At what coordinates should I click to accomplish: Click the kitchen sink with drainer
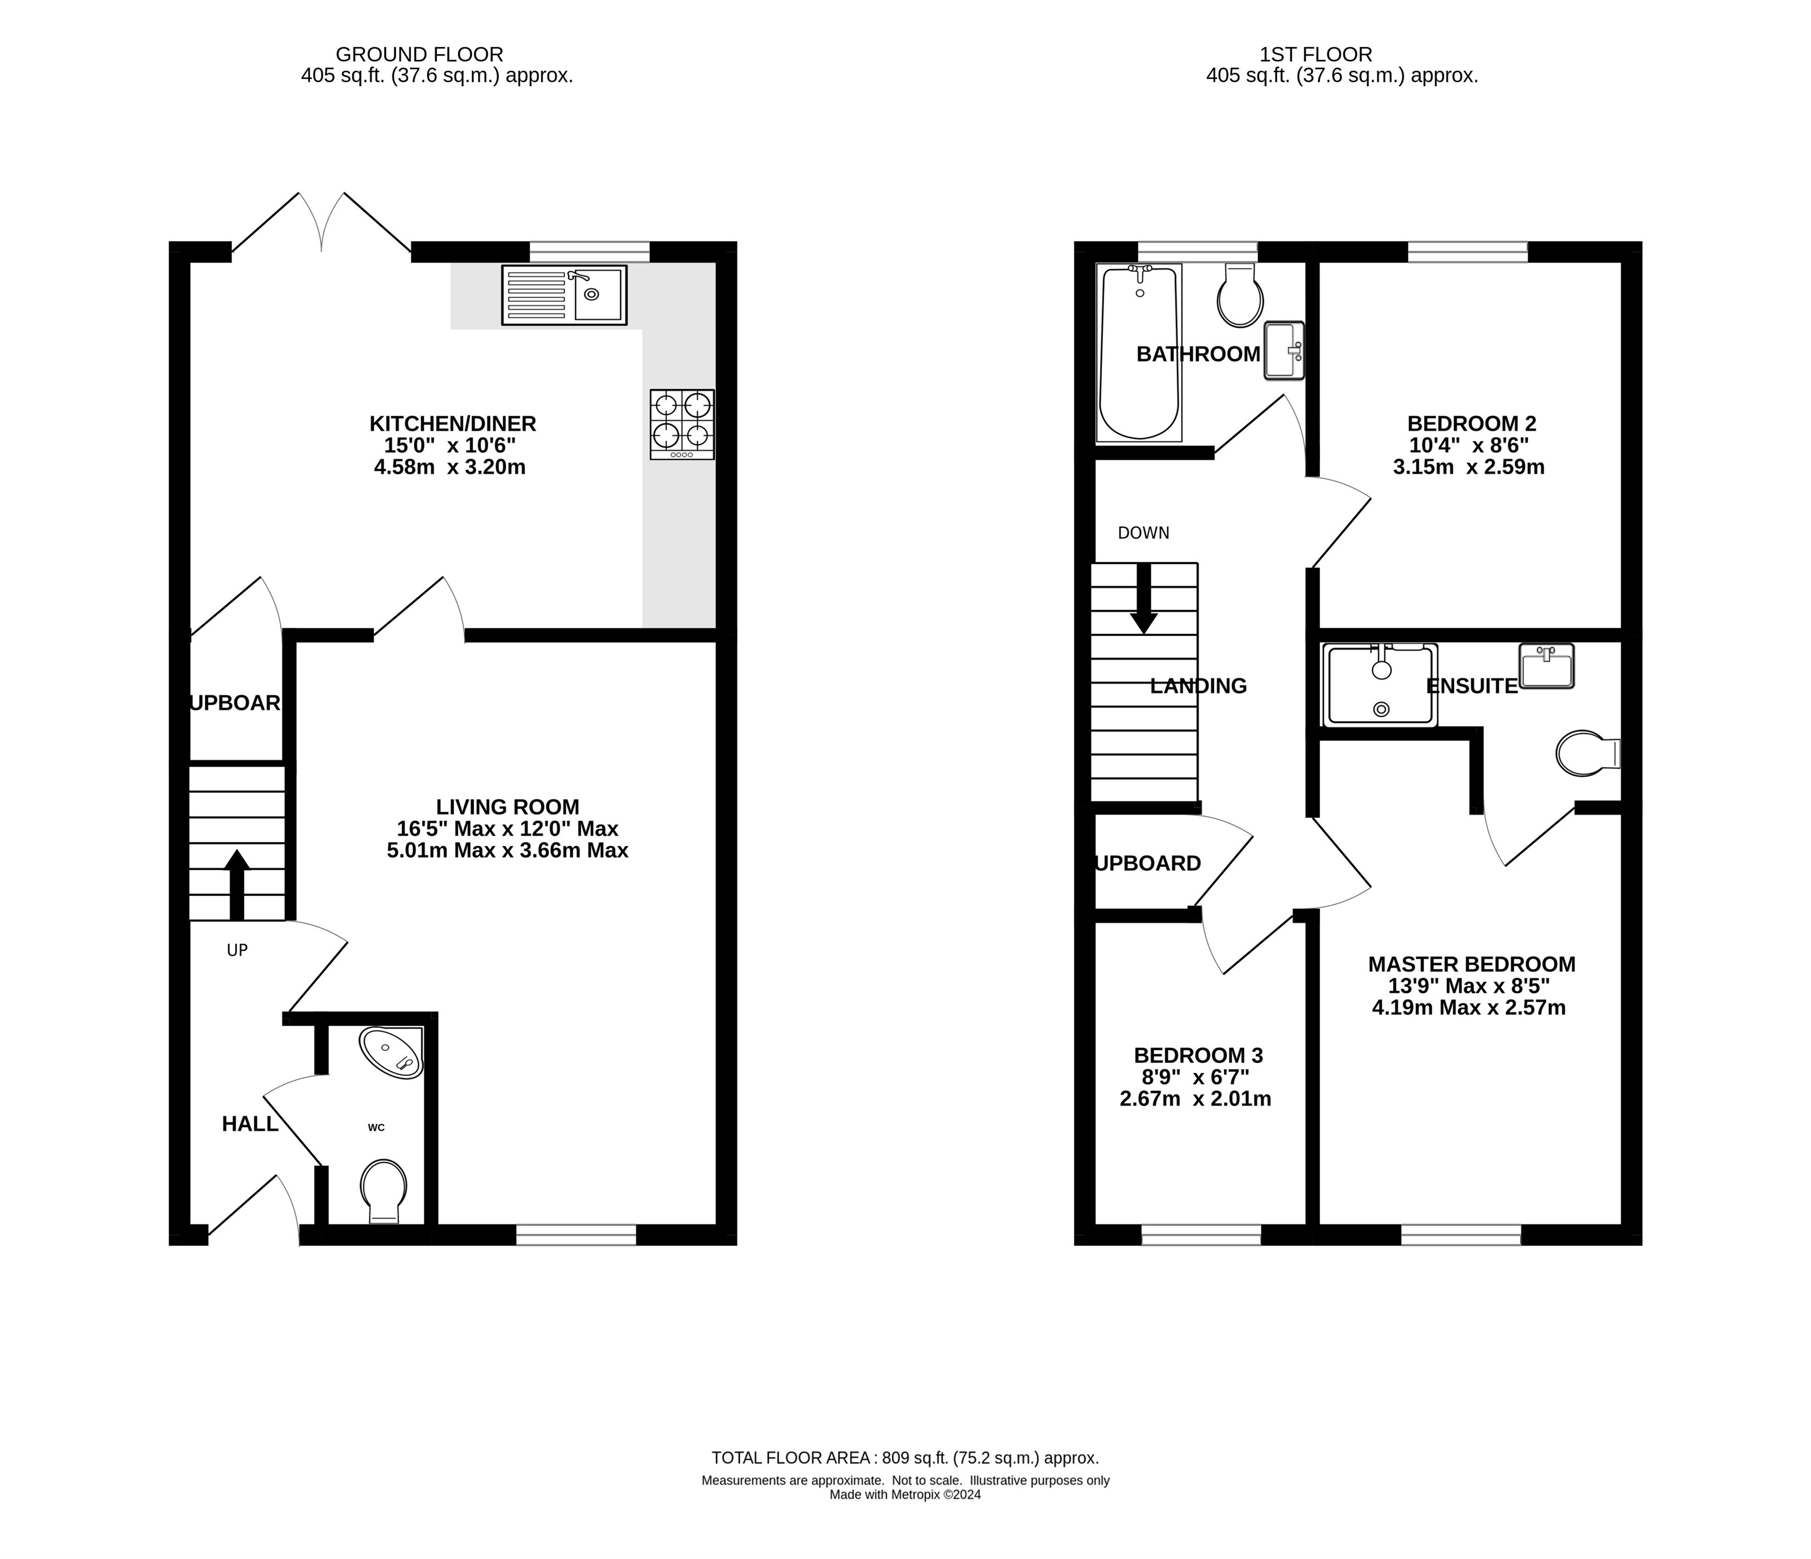564,295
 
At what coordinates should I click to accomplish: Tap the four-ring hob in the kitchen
682,424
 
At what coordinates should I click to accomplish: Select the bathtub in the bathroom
1139,353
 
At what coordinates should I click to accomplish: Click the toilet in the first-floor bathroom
1240,297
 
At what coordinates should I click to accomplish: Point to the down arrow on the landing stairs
1143,600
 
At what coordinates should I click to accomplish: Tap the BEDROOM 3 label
1197,1055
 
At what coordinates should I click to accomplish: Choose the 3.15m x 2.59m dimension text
1469,467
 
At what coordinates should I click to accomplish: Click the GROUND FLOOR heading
419,54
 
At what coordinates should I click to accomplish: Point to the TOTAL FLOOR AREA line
904,1457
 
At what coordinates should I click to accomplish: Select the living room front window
576,1234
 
